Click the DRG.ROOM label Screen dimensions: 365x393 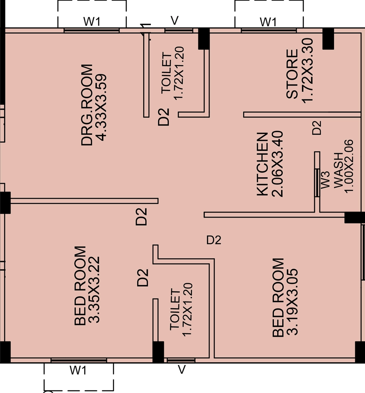(87, 105)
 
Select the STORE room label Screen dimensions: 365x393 (292, 74)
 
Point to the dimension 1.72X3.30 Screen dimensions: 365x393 (307, 71)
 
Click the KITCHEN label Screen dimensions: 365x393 (262, 164)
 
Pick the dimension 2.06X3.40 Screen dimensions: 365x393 (277, 164)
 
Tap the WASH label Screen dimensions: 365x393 (338, 170)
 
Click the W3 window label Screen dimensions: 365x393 (325, 180)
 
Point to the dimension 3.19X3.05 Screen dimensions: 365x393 (292, 302)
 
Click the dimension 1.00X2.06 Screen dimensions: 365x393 (349, 167)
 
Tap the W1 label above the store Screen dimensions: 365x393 (268, 22)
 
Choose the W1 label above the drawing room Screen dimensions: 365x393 (92, 21)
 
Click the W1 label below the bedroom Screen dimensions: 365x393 (78, 370)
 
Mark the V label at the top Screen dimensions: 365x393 (175, 21)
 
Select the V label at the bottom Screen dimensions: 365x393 (182, 370)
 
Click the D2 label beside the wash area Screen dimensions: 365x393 (317, 128)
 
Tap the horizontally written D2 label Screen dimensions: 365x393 (214, 240)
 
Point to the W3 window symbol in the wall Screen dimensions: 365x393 (317, 183)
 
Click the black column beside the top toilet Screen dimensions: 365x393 (204, 39)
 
